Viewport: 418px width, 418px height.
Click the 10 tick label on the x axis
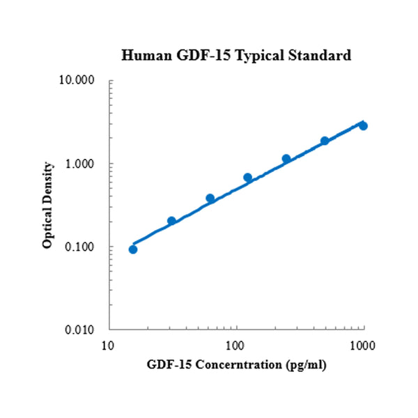(108, 346)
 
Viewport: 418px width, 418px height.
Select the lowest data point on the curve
(133, 249)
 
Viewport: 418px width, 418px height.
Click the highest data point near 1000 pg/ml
(363, 126)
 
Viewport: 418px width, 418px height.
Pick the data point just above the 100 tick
(248, 178)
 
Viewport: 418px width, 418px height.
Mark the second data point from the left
(171, 221)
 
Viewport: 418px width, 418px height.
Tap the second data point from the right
(325, 141)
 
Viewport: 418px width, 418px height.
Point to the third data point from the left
(210, 199)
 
